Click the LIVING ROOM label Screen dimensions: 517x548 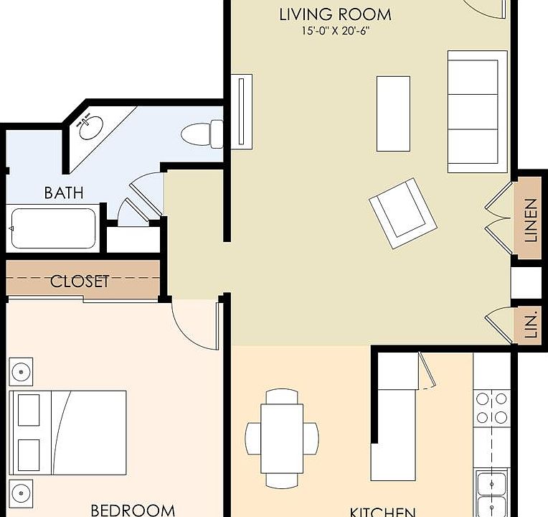click(x=335, y=14)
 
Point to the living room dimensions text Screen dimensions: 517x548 click(x=336, y=31)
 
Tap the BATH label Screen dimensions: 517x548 click(x=64, y=192)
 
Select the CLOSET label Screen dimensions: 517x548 click(x=80, y=281)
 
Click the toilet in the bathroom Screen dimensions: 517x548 click(x=202, y=134)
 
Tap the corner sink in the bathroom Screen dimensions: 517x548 click(x=91, y=127)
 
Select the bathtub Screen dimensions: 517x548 click(x=54, y=228)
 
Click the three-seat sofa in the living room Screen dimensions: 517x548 click(x=473, y=111)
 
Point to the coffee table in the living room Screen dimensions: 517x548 click(x=393, y=113)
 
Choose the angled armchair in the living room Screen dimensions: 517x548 click(x=402, y=213)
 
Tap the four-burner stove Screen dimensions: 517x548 click(x=491, y=408)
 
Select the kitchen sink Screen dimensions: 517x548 click(x=492, y=492)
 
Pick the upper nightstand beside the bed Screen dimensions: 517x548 click(x=21, y=372)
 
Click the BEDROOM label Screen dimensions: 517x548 click(x=133, y=510)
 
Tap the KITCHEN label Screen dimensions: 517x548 click(x=382, y=511)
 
